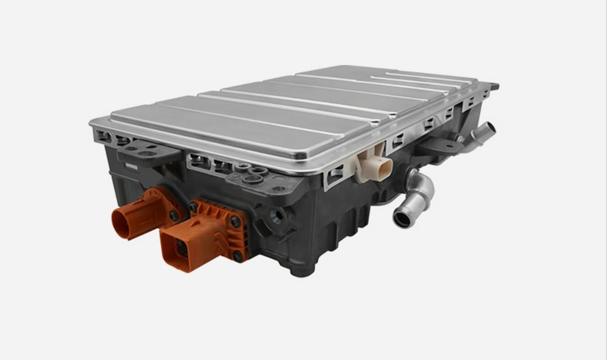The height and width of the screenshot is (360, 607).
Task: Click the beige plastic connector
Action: (x=375, y=163)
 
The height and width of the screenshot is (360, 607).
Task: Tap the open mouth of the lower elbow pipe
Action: (x=401, y=218)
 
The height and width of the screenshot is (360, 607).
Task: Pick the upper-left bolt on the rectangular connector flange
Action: (x=194, y=207)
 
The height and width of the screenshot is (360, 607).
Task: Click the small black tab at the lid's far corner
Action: (x=494, y=87)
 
